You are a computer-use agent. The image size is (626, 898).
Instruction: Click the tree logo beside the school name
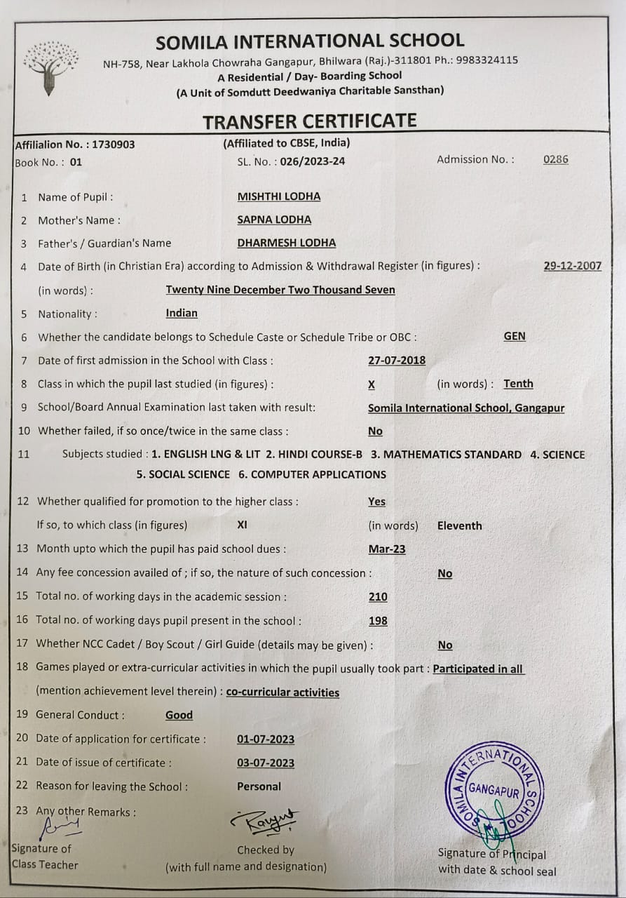[50, 67]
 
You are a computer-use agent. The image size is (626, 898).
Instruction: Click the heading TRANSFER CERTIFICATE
[309, 121]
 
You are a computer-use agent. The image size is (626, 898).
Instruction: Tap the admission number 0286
[555, 159]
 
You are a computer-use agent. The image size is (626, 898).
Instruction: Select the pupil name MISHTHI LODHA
[279, 196]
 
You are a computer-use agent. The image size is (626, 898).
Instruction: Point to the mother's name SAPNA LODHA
[274, 220]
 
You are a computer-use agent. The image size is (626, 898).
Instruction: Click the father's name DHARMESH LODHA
[286, 243]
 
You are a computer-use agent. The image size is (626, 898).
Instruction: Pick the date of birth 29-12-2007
[572, 266]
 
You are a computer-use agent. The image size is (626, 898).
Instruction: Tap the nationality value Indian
[182, 313]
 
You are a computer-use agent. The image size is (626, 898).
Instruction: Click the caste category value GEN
[514, 336]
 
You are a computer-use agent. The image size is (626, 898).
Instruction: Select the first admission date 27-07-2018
[396, 361]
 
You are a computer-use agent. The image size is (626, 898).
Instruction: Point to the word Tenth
[518, 384]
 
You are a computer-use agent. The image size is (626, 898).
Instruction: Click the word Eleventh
[459, 525]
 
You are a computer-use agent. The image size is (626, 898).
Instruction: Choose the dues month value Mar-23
[386, 549]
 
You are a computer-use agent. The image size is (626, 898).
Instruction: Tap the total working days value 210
[377, 597]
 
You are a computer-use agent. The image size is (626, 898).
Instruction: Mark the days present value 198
[377, 621]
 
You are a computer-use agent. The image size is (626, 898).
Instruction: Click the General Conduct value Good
[179, 715]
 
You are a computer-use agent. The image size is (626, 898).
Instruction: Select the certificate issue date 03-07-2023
[266, 763]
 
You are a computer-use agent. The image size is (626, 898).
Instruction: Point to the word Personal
[259, 786]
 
